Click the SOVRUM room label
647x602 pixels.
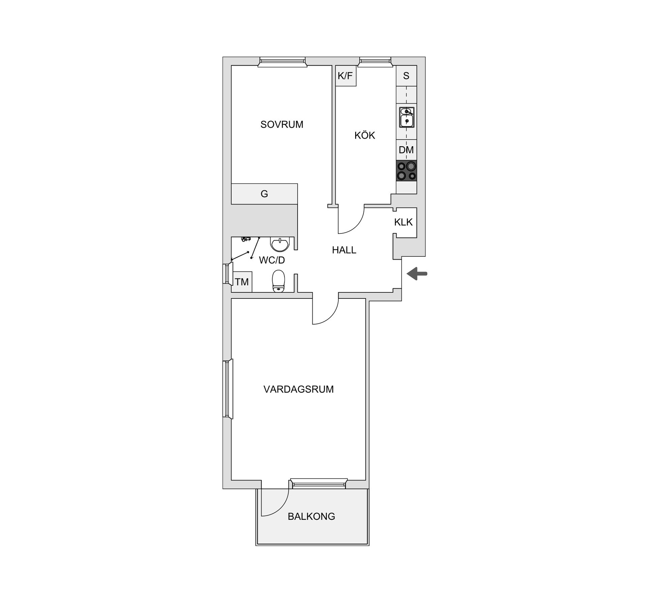[282, 125]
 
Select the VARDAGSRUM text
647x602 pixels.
[299, 389]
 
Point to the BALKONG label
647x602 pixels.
[311, 516]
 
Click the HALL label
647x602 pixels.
[344, 250]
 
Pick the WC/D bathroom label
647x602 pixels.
[272, 260]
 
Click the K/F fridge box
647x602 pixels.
[346, 76]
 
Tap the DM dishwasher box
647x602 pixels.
[406, 150]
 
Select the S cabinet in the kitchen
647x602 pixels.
[406, 76]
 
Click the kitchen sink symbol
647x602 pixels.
[407, 117]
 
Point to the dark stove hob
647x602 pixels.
[407, 171]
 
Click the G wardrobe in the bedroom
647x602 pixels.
[265, 194]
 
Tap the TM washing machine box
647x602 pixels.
[242, 282]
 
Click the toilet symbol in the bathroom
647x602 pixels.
[278, 281]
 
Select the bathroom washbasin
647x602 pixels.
[280, 244]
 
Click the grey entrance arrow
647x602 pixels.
[417, 274]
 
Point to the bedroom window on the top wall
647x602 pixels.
[282, 62]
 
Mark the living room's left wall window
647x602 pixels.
[228, 389]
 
